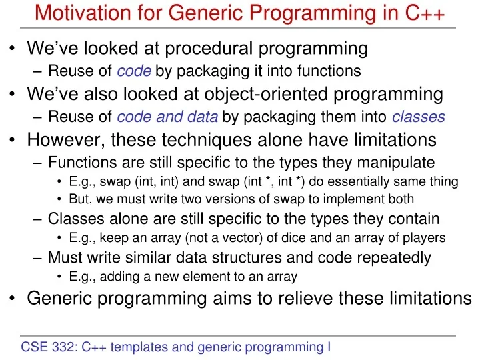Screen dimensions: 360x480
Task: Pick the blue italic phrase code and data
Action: pyautogui.click(x=167, y=117)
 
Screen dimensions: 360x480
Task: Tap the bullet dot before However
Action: pyautogui.click(x=13, y=141)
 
